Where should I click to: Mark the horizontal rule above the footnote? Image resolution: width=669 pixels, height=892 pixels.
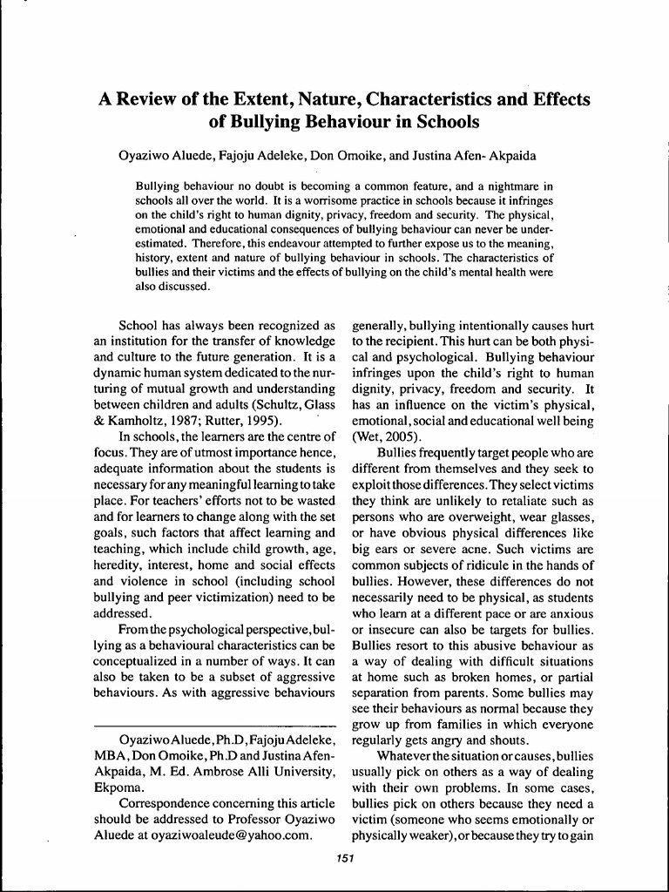(x=214, y=725)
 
